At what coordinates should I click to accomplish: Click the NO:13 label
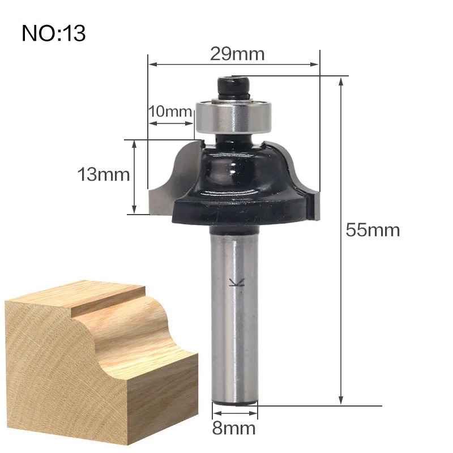(x=54, y=33)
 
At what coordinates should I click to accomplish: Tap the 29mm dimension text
(x=237, y=54)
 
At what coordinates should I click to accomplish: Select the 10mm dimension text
(x=170, y=111)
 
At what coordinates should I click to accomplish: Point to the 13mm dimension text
(x=104, y=175)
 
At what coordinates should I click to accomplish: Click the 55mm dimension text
(x=373, y=230)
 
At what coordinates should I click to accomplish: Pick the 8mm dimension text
(x=234, y=428)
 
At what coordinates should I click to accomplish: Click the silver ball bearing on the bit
(x=234, y=116)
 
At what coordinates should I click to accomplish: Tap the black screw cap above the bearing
(x=234, y=86)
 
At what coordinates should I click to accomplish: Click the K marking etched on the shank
(x=237, y=283)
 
